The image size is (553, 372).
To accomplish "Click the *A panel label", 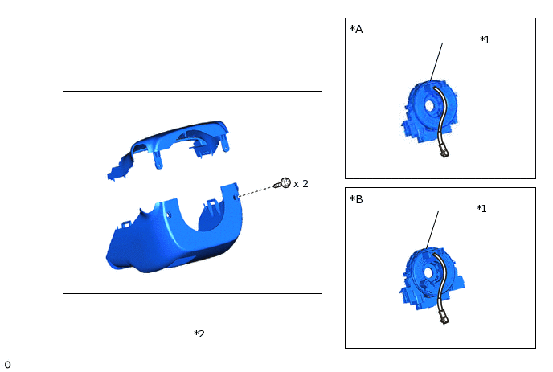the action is click(x=356, y=29).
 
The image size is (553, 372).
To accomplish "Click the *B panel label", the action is click(x=356, y=199).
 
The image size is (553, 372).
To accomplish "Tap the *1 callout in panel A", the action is click(x=485, y=40).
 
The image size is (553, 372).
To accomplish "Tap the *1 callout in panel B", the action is click(x=481, y=208).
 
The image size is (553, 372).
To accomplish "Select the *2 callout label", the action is click(x=199, y=333).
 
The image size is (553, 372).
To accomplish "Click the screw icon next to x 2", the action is click(x=282, y=183).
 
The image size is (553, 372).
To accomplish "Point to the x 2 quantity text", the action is click(x=301, y=184).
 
